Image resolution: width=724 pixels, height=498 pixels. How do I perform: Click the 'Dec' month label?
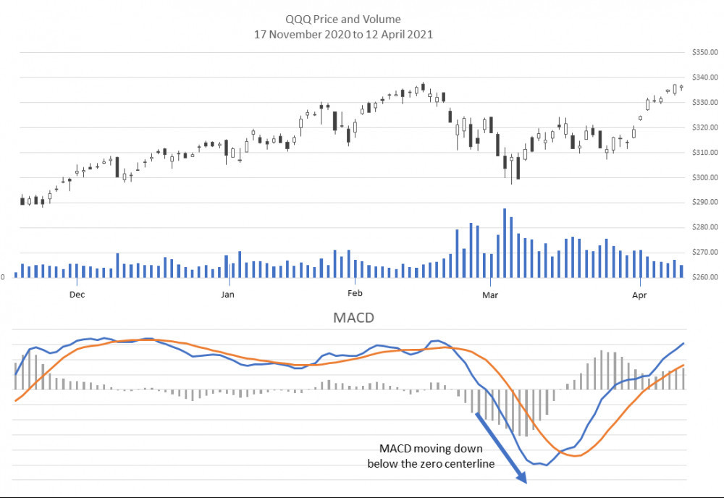[x=77, y=295]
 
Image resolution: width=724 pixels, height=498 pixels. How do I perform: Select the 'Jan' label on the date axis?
[x=227, y=295]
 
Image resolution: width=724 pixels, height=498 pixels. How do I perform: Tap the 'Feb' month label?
[x=355, y=295]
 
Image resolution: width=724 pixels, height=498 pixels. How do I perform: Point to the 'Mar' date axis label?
[x=490, y=295]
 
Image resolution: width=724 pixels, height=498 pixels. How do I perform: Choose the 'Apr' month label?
[x=639, y=295]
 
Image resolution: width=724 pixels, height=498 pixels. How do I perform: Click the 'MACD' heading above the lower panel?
[x=354, y=318]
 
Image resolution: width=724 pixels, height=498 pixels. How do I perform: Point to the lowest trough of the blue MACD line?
[x=544, y=465]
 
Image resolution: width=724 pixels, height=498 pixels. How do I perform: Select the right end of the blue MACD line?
[x=683, y=344]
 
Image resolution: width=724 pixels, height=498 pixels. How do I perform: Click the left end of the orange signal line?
[x=15, y=400]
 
